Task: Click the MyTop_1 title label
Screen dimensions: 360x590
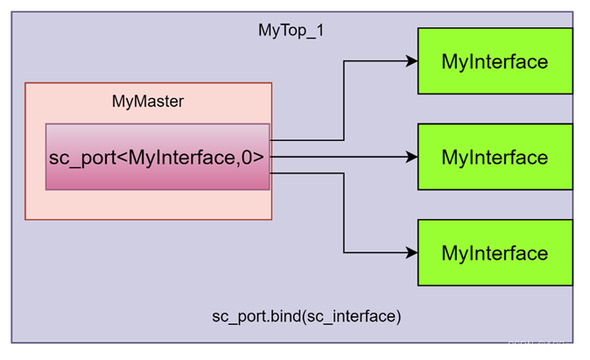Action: (291, 31)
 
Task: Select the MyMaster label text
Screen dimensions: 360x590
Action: (148, 102)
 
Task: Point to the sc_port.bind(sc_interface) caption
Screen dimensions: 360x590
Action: (306, 315)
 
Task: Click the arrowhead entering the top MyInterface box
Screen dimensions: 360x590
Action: (411, 61)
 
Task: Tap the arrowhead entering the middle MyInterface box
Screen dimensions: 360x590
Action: (411, 158)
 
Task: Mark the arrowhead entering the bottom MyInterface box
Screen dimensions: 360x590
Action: (411, 253)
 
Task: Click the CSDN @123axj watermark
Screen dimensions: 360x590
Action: (542, 345)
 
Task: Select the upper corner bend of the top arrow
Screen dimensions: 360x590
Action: (344, 61)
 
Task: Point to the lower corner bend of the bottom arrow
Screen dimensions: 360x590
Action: (344, 253)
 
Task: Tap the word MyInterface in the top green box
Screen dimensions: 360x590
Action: (495, 61)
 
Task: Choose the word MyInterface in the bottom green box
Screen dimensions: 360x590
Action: (495, 254)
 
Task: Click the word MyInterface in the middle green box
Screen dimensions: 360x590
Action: (495, 158)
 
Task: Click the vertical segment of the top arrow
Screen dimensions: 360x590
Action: (344, 101)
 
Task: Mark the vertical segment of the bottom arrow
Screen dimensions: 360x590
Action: (344, 215)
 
